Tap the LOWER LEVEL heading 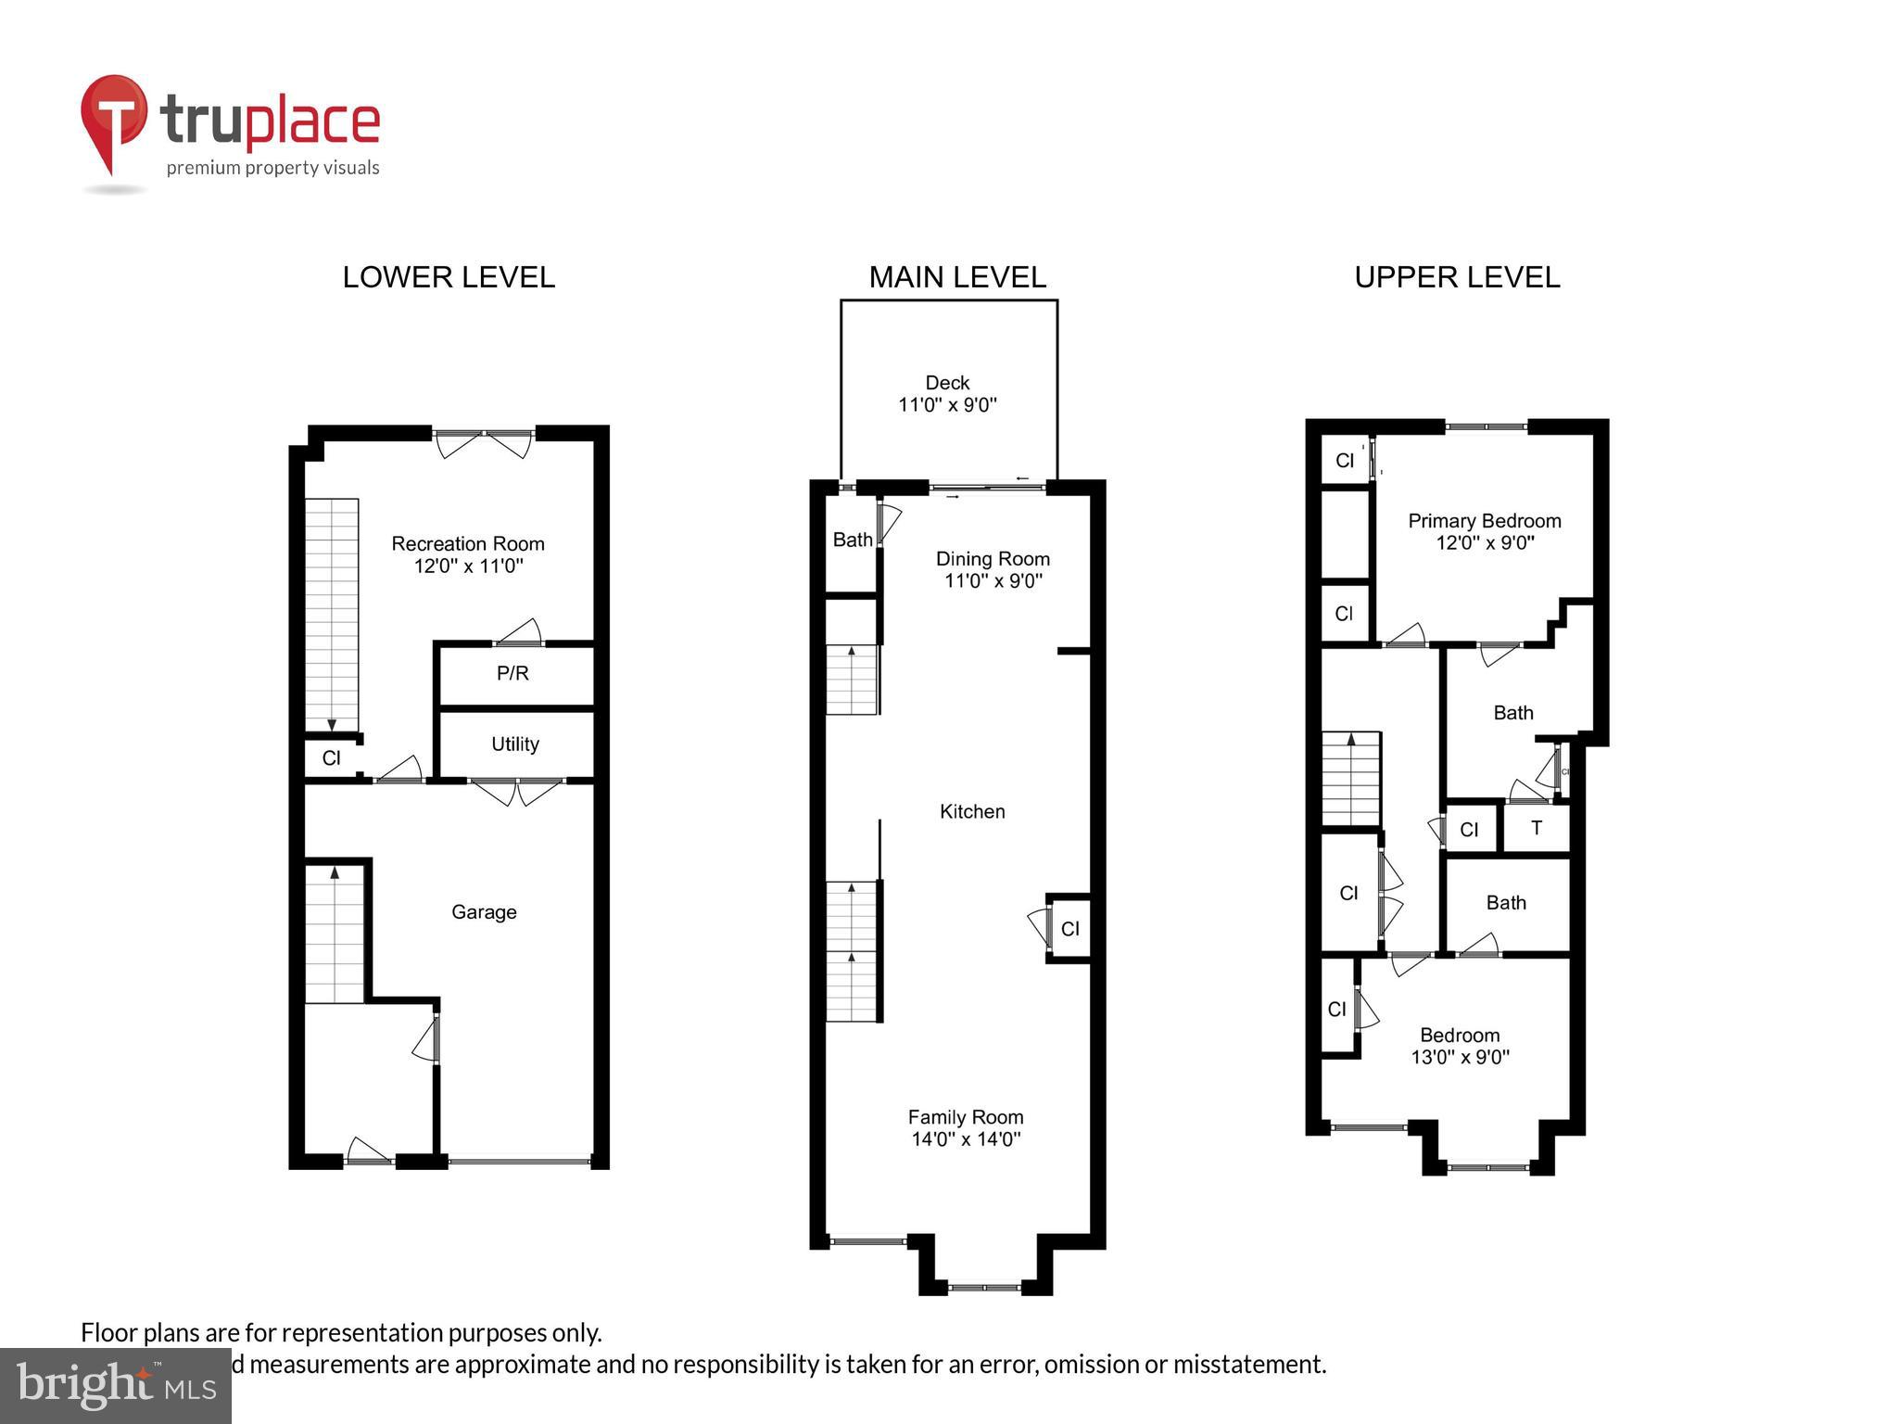pyautogui.click(x=449, y=277)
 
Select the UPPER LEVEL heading pyautogui.click(x=1457, y=277)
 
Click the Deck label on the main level pyautogui.click(x=947, y=383)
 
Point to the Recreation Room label pyautogui.click(x=467, y=544)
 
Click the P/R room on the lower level pyautogui.click(x=512, y=674)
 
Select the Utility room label pyautogui.click(x=515, y=744)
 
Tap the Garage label pyautogui.click(x=484, y=912)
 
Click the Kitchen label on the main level pyautogui.click(x=972, y=812)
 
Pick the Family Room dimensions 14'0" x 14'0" pyautogui.click(x=966, y=1139)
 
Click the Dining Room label pyautogui.click(x=993, y=559)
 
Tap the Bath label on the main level pyautogui.click(x=852, y=540)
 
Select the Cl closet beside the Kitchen pyautogui.click(x=1070, y=929)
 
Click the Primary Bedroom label pyautogui.click(x=1485, y=521)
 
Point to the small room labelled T pyautogui.click(x=1537, y=828)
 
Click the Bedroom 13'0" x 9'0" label pyautogui.click(x=1460, y=1036)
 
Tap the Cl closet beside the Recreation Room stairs pyautogui.click(x=331, y=758)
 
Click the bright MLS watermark pyautogui.click(x=116, y=1386)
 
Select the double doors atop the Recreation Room pyautogui.click(x=484, y=443)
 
